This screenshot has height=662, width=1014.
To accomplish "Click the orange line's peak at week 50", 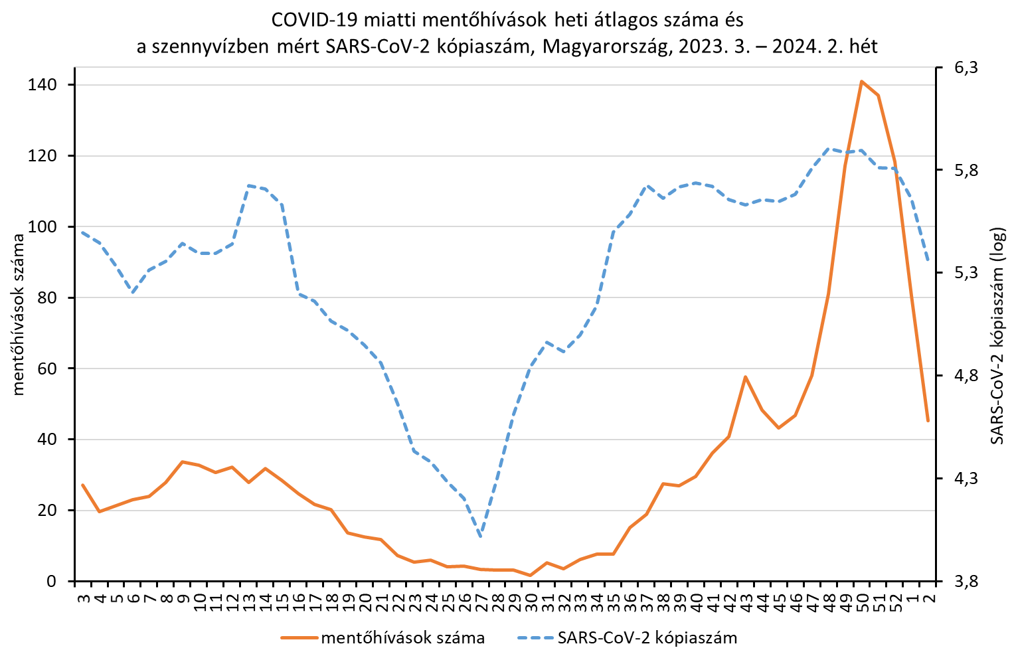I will tap(861, 82).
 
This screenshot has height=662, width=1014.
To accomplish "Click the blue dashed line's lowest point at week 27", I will tap(480, 535).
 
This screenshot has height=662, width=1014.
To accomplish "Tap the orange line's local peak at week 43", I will tap(746, 377).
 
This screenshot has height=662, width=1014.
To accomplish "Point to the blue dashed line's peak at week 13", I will tap(248, 186).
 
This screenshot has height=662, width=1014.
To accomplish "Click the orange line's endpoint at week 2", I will tap(928, 420).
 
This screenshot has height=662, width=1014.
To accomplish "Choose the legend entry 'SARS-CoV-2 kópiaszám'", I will tap(647, 638).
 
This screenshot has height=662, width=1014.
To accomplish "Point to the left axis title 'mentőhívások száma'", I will tap(19, 316).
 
